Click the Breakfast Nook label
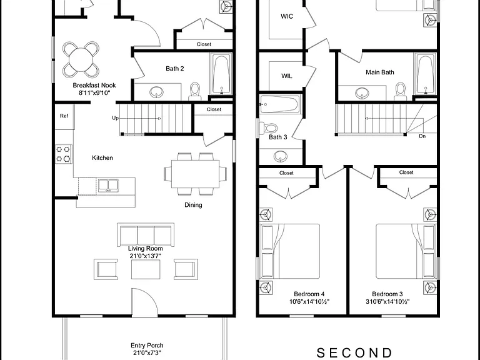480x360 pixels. coord(94,86)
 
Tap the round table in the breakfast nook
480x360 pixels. coord(81,60)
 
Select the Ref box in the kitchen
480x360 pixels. coord(64,116)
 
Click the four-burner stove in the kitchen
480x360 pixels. coord(63,154)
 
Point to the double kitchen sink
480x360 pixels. coord(108,185)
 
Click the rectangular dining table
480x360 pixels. coord(195,174)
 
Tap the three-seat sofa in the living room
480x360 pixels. coord(146,234)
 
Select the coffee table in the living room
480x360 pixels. coord(146,269)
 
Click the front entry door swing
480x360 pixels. coord(145,302)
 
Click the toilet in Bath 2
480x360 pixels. coord(195,91)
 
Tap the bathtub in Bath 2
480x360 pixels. coord(221,74)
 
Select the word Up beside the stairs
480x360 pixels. coord(115,118)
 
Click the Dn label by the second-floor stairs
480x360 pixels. coord(422,136)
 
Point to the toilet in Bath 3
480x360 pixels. coord(269,128)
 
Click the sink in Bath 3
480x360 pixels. coord(281,156)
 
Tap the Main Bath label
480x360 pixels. coord(380,72)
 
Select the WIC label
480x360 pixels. coord(287,16)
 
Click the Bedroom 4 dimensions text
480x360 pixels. coord(309,302)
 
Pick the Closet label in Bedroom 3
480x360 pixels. coord(406,172)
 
